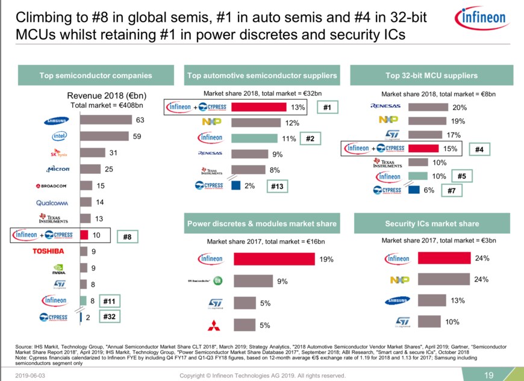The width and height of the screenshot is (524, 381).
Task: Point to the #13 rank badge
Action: pyautogui.click(x=277, y=187)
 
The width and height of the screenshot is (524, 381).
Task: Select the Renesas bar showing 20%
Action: pyautogui.click(x=428, y=107)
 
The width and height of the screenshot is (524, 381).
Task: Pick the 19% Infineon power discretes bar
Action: pyautogui.click(x=274, y=259)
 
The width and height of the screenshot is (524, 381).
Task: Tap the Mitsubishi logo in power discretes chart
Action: pyautogui.click(x=215, y=326)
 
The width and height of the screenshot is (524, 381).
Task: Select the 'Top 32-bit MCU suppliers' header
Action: pyautogui.click(x=431, y=75)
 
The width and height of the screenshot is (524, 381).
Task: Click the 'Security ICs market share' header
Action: pyautogui.click(x=431, y=223)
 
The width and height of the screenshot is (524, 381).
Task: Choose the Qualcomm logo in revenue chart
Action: pyautogui.click(x=55, y=202)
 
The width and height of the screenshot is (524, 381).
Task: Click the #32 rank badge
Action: pyautogui.click(x=109, y=316)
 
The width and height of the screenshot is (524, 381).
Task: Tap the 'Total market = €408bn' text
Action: pyautogui.click(x=106, y=105)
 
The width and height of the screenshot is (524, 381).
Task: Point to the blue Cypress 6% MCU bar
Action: pyautogui.click(x=413, y=190)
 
